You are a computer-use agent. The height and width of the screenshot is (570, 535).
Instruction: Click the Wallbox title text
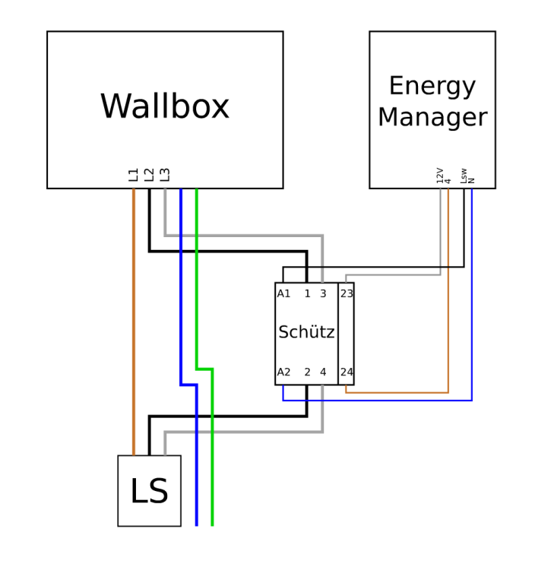tap(164, 107)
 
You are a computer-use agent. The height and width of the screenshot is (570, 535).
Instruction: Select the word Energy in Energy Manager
tap(432, 86)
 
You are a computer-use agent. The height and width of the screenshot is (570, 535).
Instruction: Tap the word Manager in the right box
tap(432, 118)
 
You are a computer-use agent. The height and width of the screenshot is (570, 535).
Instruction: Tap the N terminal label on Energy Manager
tap(472, 181)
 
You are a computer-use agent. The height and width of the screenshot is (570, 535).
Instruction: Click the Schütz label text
tap(306, 333)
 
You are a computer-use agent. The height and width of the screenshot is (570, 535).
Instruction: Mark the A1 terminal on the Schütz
tap(283, 294)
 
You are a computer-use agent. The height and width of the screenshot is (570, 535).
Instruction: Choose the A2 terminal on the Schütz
tap(283, 372)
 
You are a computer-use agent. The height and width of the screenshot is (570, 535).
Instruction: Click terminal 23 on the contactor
tap(347, 294)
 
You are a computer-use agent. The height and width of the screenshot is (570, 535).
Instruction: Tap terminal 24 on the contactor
tap(347, 372)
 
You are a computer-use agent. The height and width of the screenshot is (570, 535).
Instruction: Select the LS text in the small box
tap(149, 492)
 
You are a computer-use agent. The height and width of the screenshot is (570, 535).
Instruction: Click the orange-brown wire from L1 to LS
tap(134, 319)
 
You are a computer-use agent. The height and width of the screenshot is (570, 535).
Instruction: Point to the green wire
tap(197, 289)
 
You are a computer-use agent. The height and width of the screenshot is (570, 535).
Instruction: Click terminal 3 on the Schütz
tap(322, 294)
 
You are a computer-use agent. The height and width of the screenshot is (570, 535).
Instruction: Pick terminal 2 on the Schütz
tap(307, 372)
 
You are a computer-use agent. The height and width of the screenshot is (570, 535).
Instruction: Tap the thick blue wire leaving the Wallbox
tap(181, 289)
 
